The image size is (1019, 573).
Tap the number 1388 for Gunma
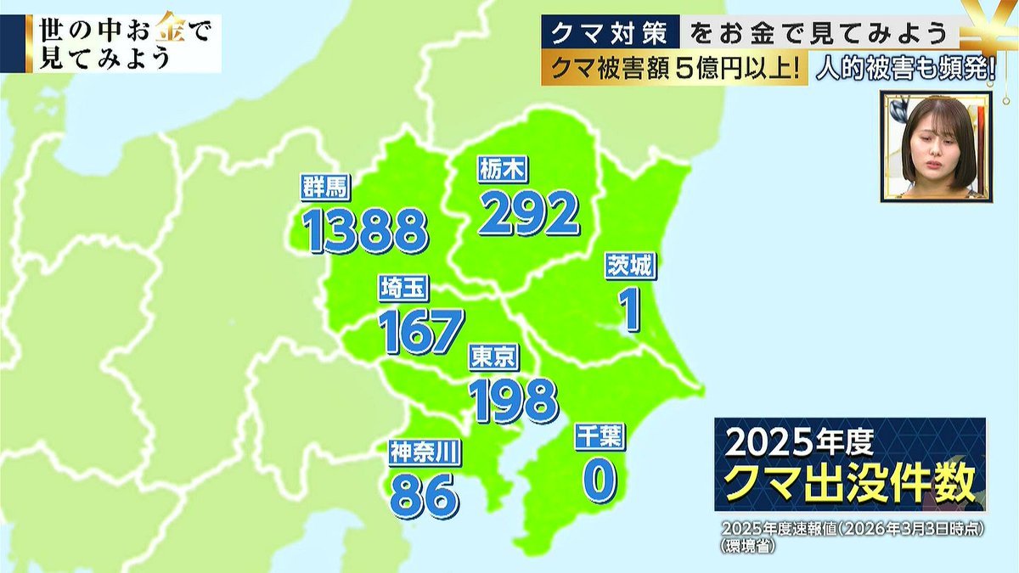pyautogui.click(x=366, y=230)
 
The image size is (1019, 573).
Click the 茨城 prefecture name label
pyautogui.click(x=629, y=267)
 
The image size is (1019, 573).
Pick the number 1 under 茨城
pyautogui.click(x=629, y=311)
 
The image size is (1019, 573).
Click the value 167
pyautogui.click(x=422, y=331)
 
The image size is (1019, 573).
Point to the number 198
pyautogui.click(x=515, y=400)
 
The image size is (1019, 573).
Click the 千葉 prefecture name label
pyautogui.click(x=600, y=436)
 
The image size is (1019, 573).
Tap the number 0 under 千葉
pyautogui.click(x=599, y=480)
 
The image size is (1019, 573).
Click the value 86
pyautogui.click(x=424, y=496)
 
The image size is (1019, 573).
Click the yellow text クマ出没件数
pyautogui.click(x=849, y=486)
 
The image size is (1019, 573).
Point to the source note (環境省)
pyautogui.click(x=747, y=547)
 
